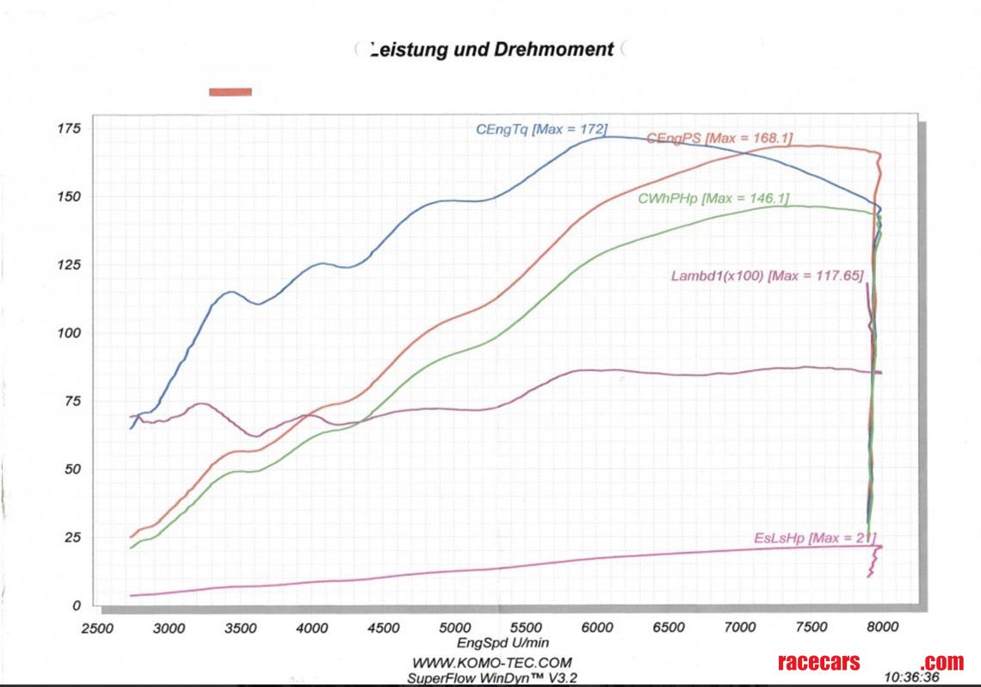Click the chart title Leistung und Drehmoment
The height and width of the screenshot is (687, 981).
pos(490,49)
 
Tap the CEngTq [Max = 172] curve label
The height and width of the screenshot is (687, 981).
pos(542,129)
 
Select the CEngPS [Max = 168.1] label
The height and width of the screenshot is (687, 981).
pos(719,138)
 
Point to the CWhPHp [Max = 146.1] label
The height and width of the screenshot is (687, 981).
pos(713,198)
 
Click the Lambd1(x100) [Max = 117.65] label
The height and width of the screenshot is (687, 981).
pos(767,275)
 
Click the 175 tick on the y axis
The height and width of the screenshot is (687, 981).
pos(69,129)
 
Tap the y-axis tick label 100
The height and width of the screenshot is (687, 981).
pos(69,333)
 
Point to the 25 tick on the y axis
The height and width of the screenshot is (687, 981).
pos(72,538)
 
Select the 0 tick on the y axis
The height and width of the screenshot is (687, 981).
pos(76,606)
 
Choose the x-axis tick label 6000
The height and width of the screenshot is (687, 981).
pos(596,628)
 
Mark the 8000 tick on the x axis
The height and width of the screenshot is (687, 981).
pos(882,628)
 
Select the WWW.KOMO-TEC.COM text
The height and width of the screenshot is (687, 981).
pos(492,662)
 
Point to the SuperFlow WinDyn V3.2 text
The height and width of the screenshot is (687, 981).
pos(492,677)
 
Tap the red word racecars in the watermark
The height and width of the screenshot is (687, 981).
pos(818,662)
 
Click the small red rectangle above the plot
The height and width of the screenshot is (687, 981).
pos(231,91)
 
